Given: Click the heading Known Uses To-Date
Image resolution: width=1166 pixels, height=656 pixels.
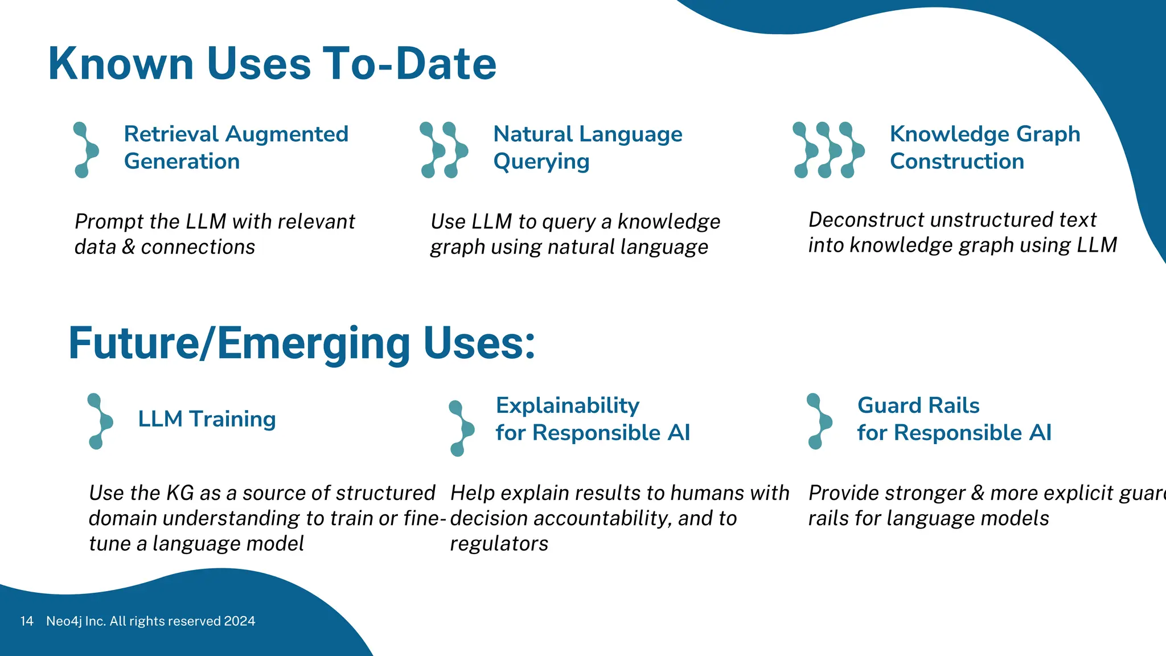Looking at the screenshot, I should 272,64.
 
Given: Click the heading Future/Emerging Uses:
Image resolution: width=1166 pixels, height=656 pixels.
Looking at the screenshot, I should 302,343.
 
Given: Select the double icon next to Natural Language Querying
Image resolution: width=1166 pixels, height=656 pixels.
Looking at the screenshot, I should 444,150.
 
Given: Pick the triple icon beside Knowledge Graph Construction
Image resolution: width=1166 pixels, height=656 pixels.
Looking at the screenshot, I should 828,150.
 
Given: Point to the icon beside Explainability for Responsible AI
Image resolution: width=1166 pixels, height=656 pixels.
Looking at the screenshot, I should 461,428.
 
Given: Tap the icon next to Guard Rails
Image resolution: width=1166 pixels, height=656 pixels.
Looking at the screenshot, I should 819,421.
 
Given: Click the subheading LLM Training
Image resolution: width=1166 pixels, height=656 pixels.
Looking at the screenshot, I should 207,419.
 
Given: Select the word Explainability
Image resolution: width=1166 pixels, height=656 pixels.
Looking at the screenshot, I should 568,406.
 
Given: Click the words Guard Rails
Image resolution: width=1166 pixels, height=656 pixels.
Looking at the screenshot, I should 918,405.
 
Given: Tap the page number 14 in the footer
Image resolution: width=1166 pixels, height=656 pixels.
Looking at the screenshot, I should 27,621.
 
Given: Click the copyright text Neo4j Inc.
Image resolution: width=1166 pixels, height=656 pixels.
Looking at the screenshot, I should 76,621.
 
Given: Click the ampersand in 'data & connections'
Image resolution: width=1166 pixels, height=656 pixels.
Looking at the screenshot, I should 129,247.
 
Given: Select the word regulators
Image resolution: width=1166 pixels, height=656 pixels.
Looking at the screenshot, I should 499,544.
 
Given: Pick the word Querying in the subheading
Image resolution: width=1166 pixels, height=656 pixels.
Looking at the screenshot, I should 541,162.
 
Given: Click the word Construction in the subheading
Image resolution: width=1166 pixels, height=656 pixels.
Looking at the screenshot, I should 956,162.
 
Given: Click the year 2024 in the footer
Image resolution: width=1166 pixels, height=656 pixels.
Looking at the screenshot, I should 239,621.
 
